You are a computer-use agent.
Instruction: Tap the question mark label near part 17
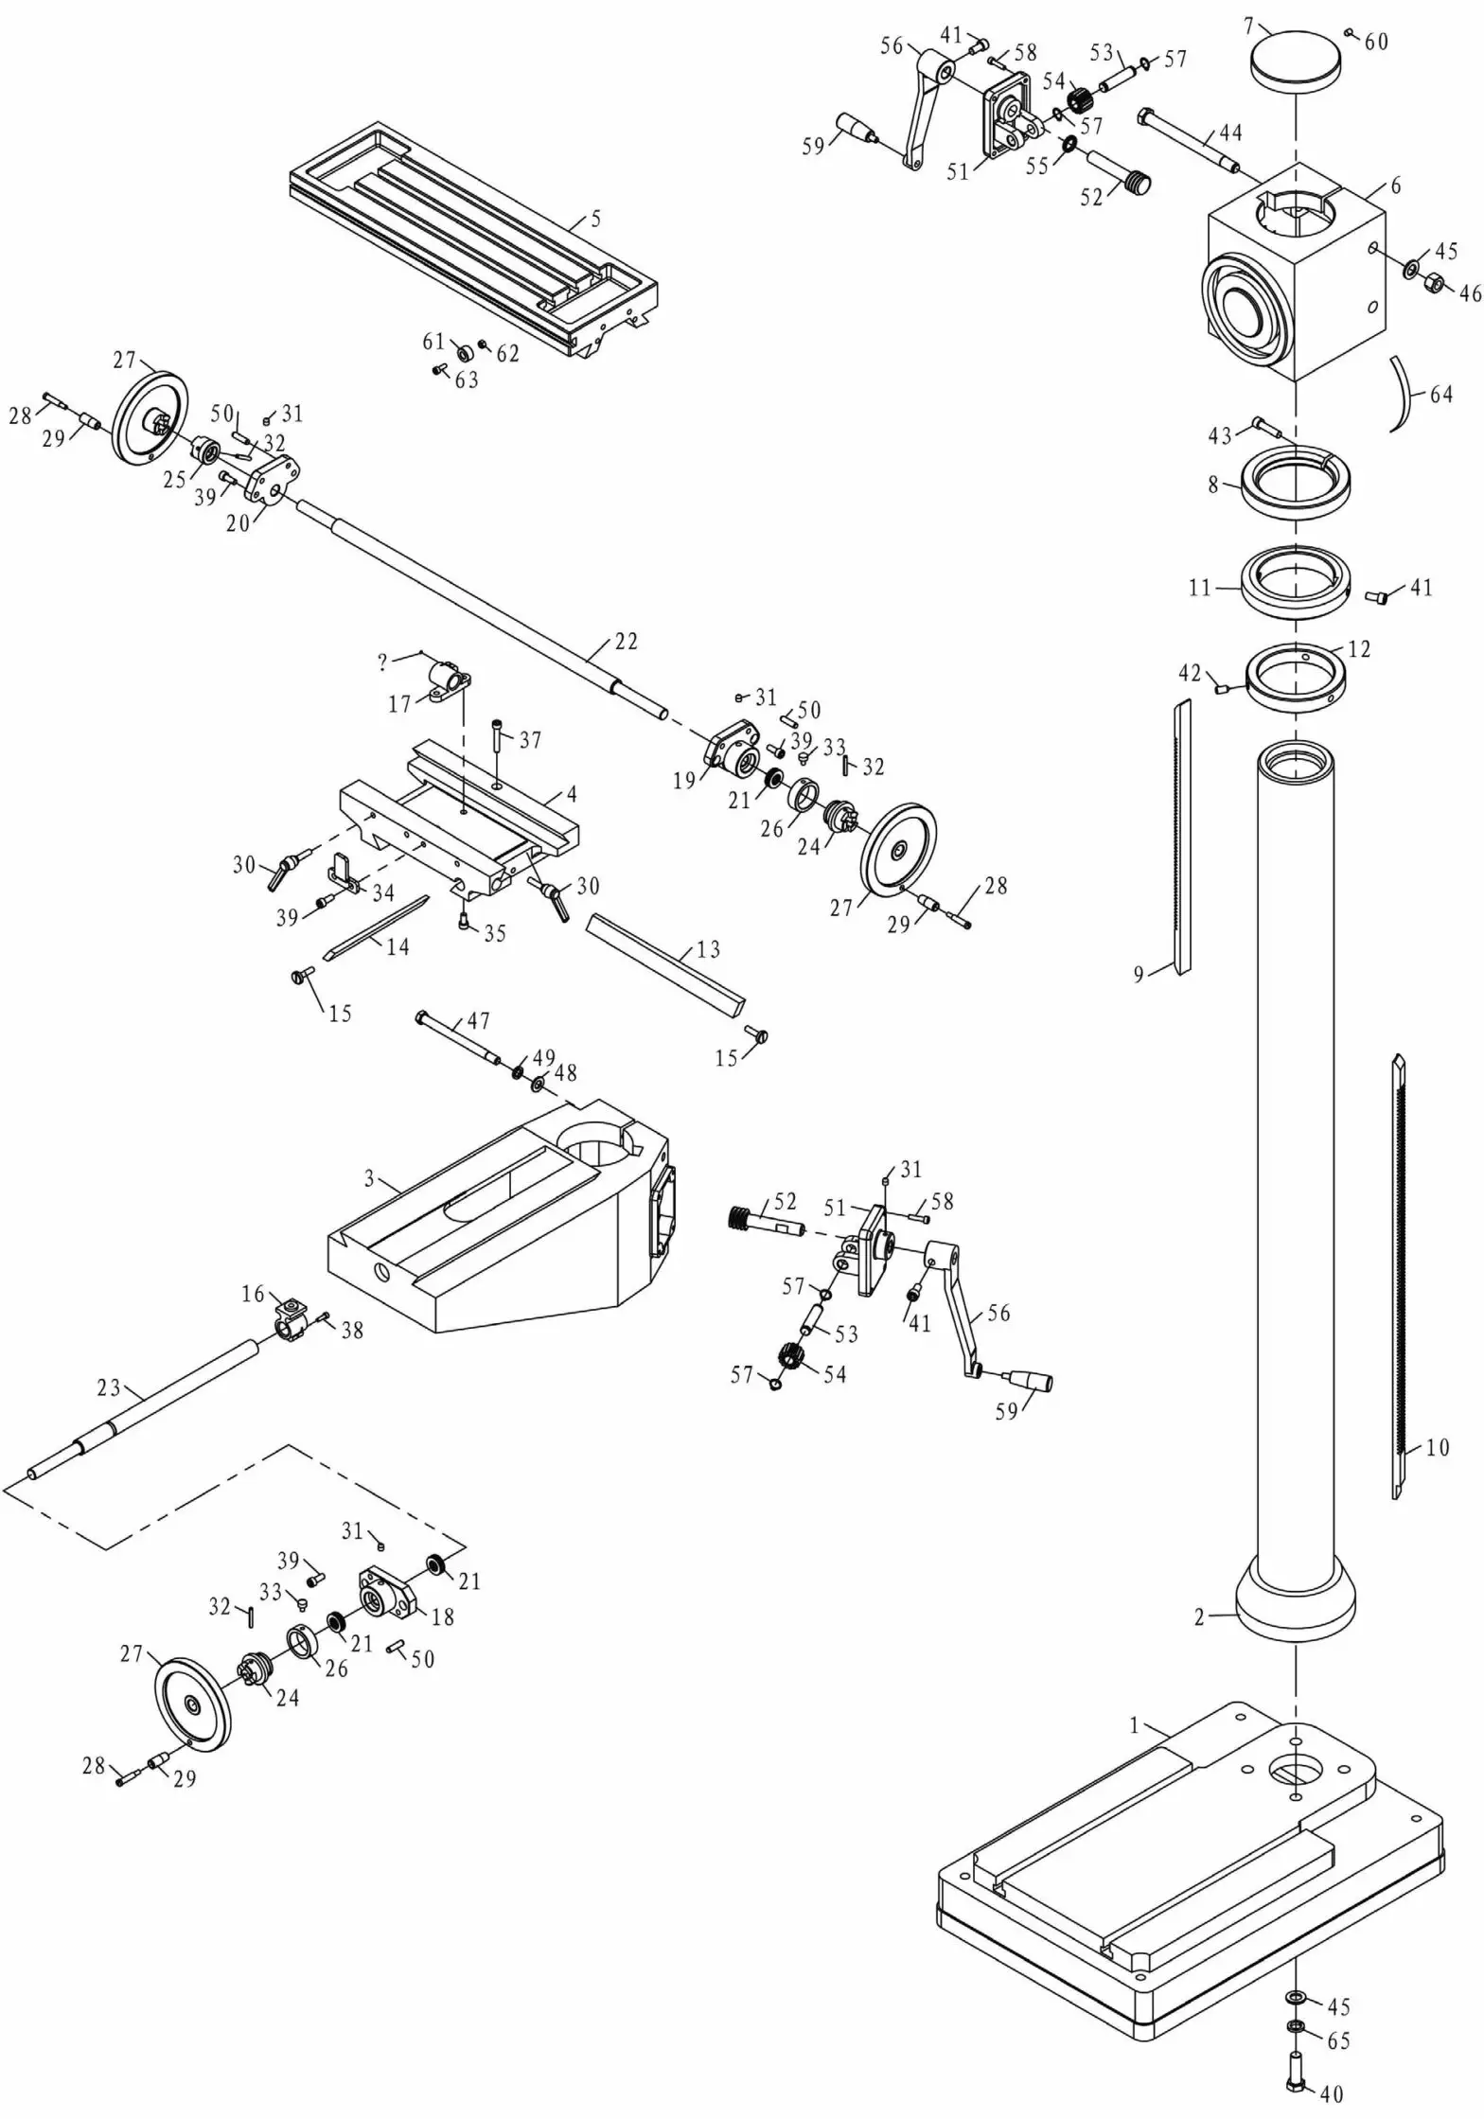[382, 662]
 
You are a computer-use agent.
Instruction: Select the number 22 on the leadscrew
[626, 642]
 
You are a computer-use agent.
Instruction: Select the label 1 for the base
[1135, 1725]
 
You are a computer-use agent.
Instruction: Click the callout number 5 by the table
[595, 219]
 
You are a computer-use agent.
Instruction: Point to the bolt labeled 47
[459, 1039]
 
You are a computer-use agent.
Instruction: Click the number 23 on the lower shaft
[108, 1387]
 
